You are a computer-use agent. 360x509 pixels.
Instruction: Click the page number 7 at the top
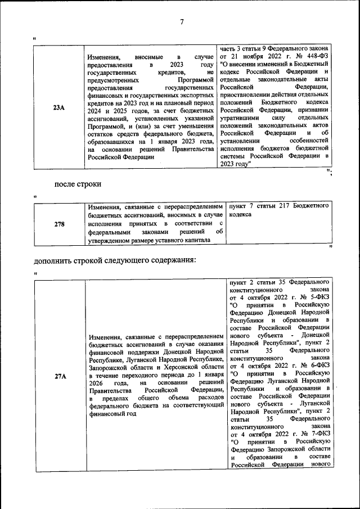pos(182,22)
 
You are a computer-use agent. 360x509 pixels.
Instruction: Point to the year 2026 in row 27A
pos(97,382)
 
